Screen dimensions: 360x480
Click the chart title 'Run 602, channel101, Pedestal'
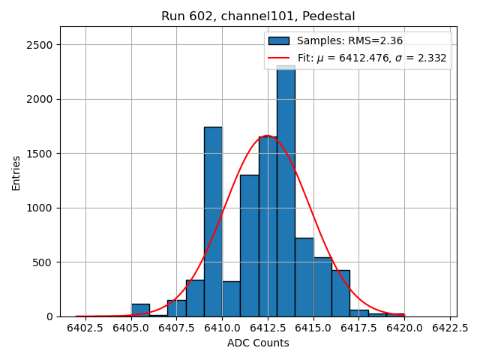pos(258,16)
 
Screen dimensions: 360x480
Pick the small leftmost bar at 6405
pos(140,310)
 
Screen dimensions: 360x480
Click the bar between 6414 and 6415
pos(304,277)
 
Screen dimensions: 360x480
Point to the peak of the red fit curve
pos(267,136)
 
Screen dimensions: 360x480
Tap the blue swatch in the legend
pos(279,40)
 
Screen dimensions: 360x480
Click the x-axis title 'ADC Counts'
pos(258,343)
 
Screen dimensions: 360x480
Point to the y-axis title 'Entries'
pos(16,172)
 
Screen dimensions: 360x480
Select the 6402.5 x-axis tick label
pos(85,328)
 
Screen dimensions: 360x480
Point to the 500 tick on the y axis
pos(42,262)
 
